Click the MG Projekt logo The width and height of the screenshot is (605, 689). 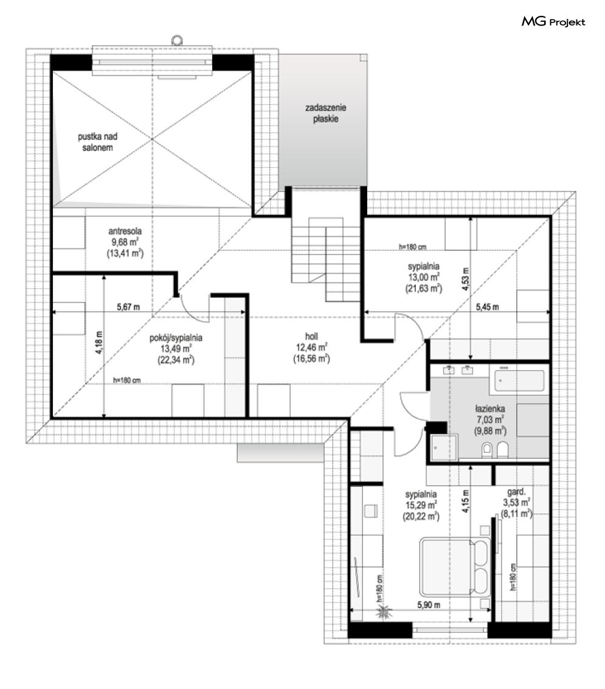coord(553,21)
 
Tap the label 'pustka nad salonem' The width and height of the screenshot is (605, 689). coord(97,142)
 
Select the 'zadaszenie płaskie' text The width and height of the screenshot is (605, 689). coord(326,113)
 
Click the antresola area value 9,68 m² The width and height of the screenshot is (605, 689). coord(125,242)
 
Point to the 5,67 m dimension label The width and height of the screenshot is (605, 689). coord(128,307)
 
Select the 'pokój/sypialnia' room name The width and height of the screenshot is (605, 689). coord(176,337)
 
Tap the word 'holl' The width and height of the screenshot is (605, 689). coord(311,336)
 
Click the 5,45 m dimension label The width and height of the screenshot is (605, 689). coord(487,307)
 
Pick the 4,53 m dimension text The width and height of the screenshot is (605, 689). coord(465,279)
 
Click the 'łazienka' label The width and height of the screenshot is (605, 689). coord(490,408)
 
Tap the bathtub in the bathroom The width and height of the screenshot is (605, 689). coord(519,380)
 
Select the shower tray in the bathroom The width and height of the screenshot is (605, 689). coord(444,447)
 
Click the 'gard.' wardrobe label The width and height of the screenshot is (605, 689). coord(516,492)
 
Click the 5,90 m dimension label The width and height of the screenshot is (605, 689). coord(429,605)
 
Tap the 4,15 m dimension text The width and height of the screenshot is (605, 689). coord(465,501)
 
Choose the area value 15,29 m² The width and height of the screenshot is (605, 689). coord(421,505)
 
